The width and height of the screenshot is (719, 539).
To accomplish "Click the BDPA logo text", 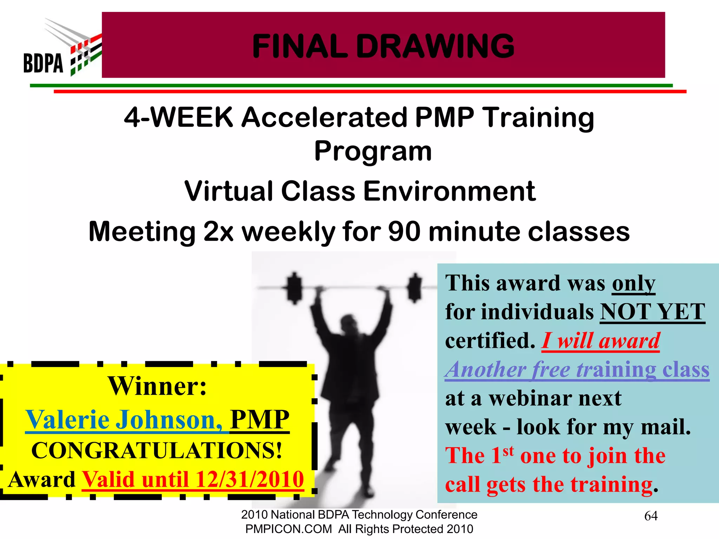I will pyautogui.click(x=43, y=63).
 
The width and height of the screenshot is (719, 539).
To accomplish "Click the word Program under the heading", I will pyautogui.click(x=373, y=151).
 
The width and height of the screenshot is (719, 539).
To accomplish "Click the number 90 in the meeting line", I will pyautogui.click(x=404, y=232).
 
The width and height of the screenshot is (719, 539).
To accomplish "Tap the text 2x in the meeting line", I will pyautogui.click(x=219, y=232).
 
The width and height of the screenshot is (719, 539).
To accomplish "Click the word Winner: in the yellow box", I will pyautogui.click(x=157, y=386).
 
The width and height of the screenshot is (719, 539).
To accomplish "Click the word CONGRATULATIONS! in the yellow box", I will pyautogui.click(x=157, y=450).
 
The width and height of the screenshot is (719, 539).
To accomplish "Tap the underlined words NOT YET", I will pyautogui.click(x=652, y=312).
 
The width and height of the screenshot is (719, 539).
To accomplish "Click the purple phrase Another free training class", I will pyautogui.click(x=577, y=370).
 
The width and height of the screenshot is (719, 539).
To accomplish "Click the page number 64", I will pyautogui.click(x=651, y=516).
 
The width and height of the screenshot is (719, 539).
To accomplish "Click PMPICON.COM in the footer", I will pyautogui.click(x=288, y=529).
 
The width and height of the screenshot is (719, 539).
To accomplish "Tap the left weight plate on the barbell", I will pyautogui.click(x=294, y=288).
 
